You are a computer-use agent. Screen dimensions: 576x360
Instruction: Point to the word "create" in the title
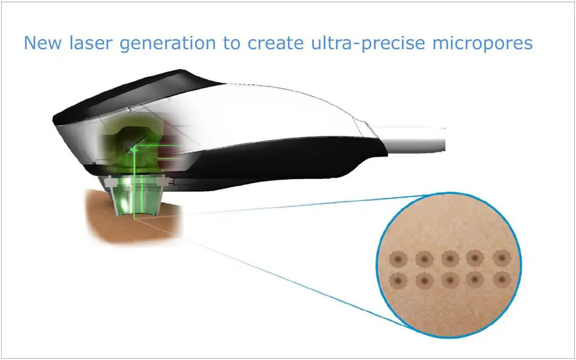coord(275,44)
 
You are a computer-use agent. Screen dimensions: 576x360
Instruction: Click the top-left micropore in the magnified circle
coord(398,259)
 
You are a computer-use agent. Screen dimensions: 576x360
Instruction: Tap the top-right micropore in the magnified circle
coord(502,258)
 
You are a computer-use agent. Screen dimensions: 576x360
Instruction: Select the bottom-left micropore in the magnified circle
coord(398,281)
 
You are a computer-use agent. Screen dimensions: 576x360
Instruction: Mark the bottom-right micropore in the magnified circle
coord(502,280)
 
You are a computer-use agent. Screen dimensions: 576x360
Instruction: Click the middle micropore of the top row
coord(450,259)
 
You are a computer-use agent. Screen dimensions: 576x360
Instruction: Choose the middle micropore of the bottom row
coord(450,281)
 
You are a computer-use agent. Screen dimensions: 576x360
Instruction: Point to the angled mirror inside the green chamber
coord(134,146)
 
